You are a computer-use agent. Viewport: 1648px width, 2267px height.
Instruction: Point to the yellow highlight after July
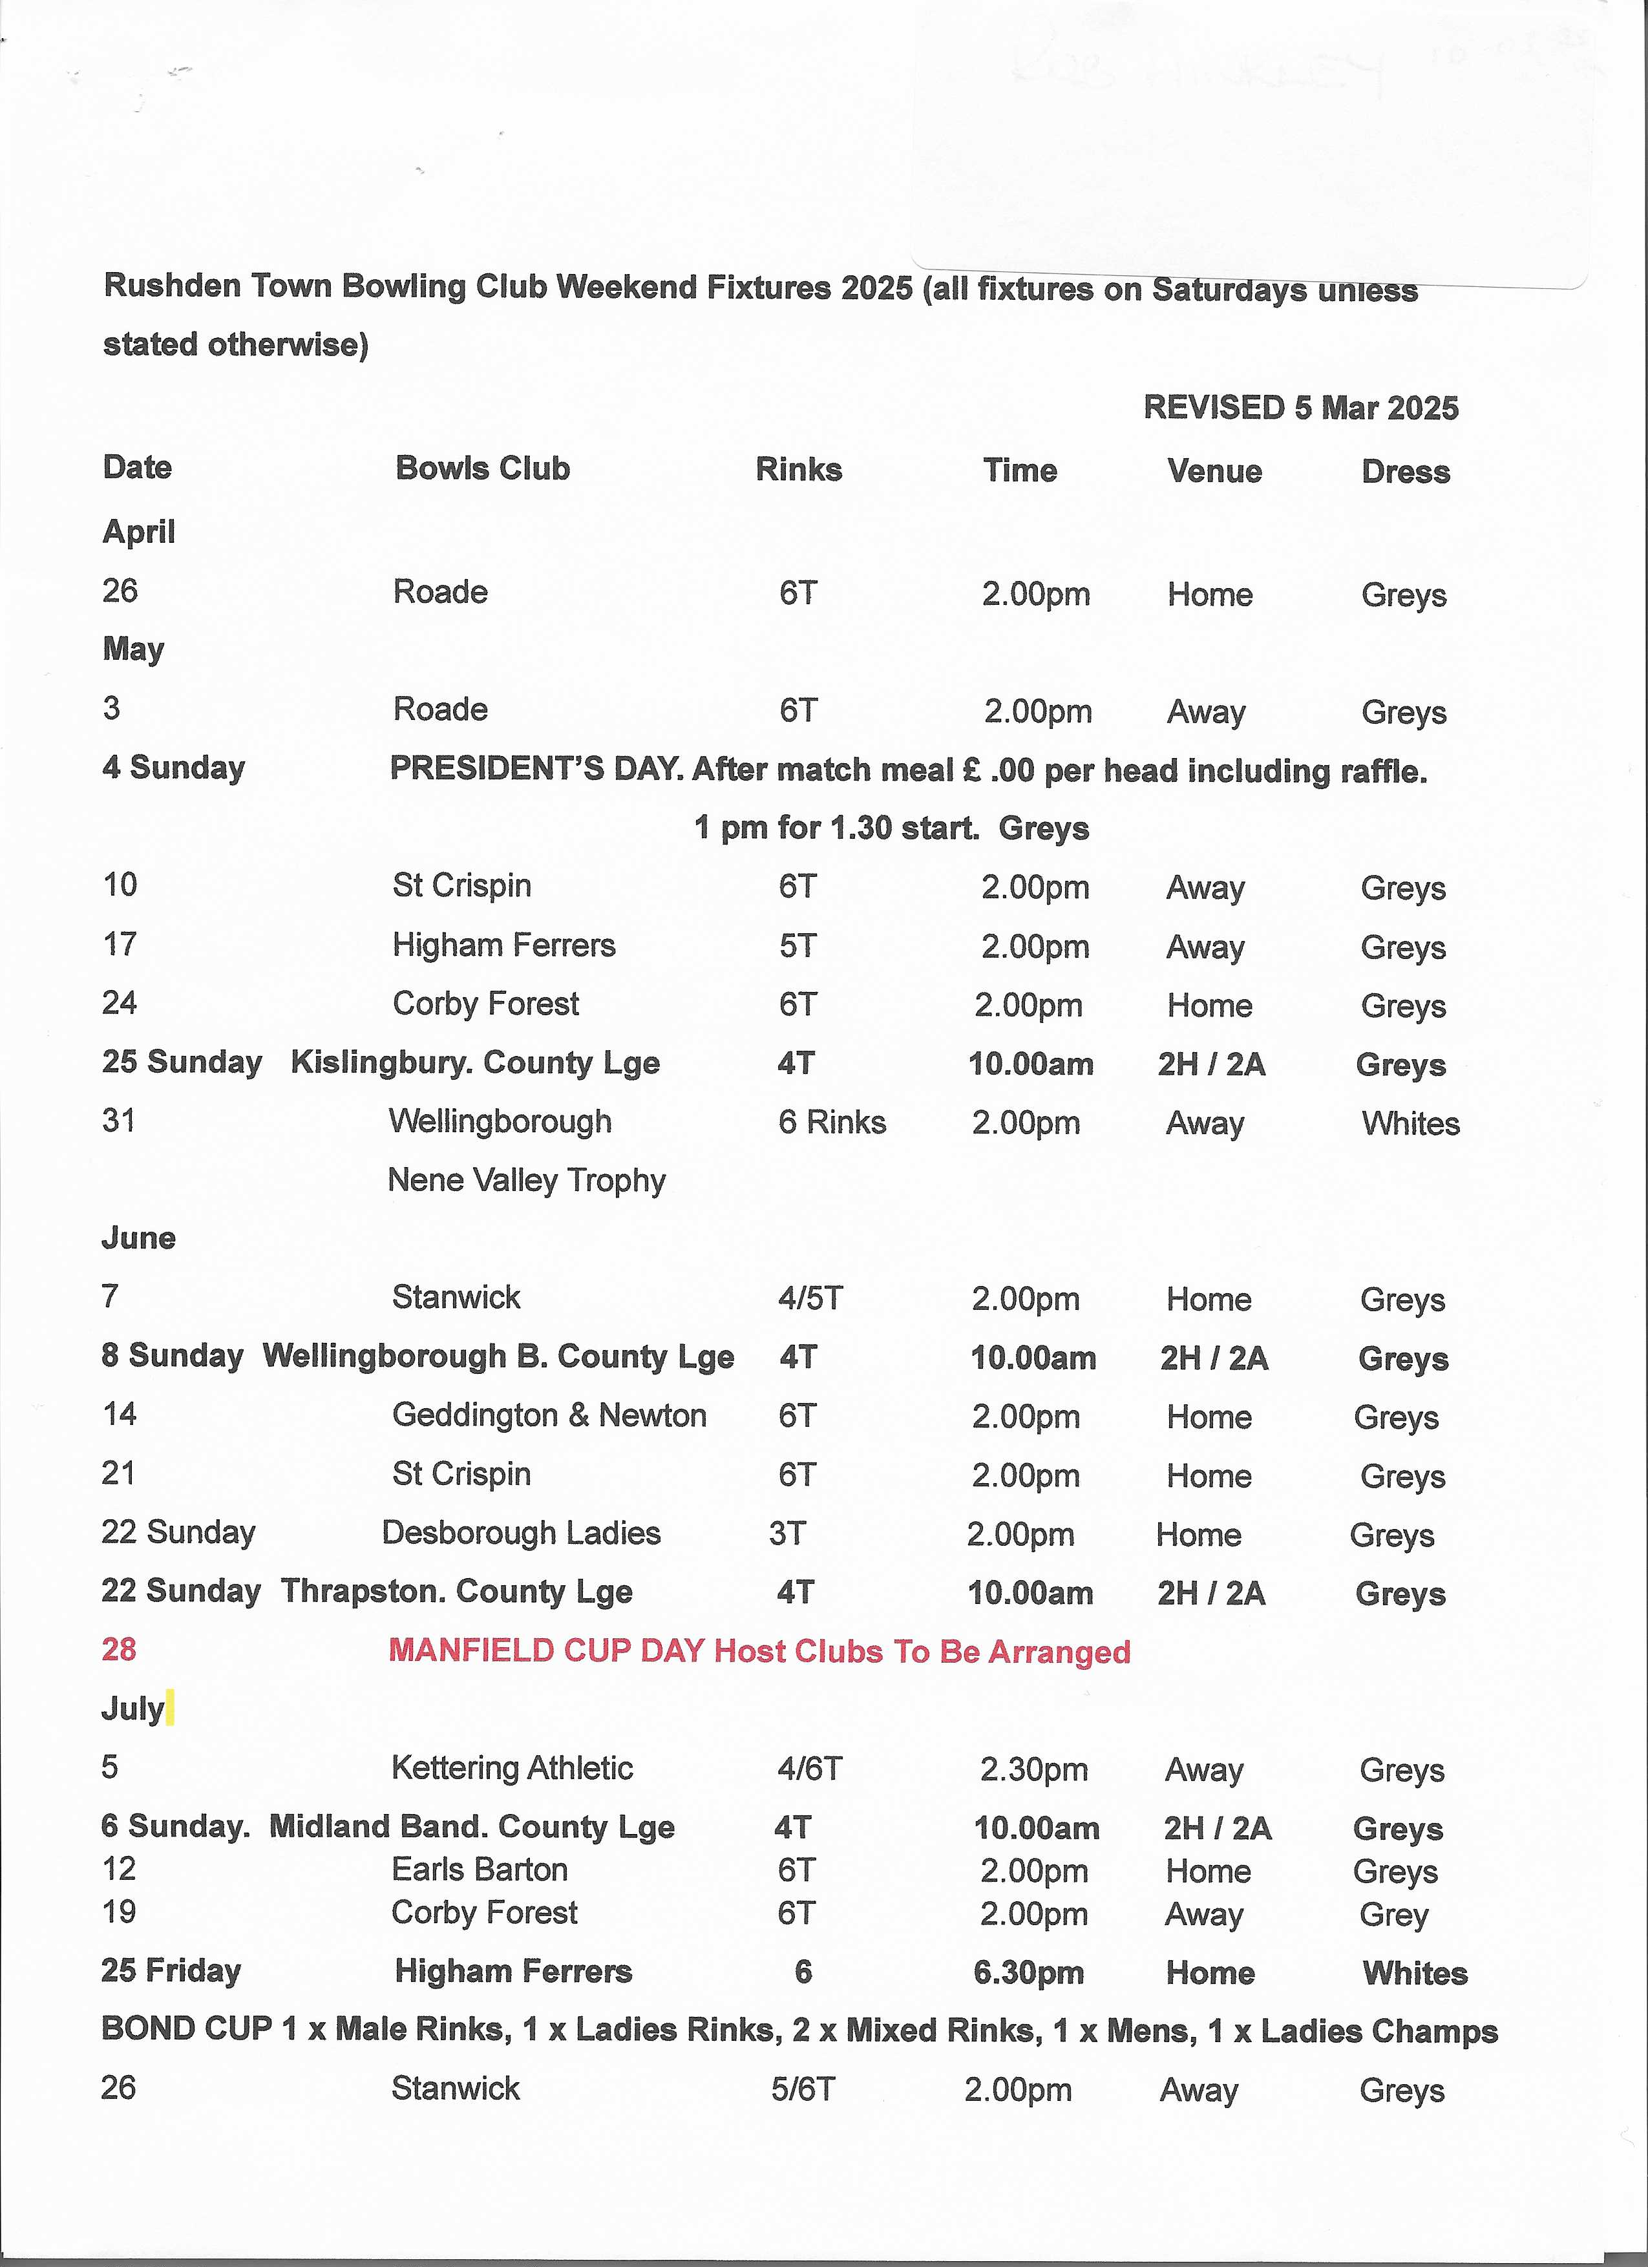(x=170, y=1707)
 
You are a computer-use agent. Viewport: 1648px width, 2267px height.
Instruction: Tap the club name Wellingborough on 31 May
(x=500, y=1121)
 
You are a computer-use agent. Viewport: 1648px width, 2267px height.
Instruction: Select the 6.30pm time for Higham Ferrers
(x=1028, y=1972)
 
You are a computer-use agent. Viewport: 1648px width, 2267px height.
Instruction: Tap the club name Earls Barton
(x=479, y=1869)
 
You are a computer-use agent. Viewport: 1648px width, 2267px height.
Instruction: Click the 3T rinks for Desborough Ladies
(x=787, y=1534)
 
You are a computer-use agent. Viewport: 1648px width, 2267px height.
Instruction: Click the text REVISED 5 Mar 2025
(x=1300, y=407)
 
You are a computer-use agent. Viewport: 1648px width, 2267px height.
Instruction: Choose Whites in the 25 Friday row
(x=1414, y=1973)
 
